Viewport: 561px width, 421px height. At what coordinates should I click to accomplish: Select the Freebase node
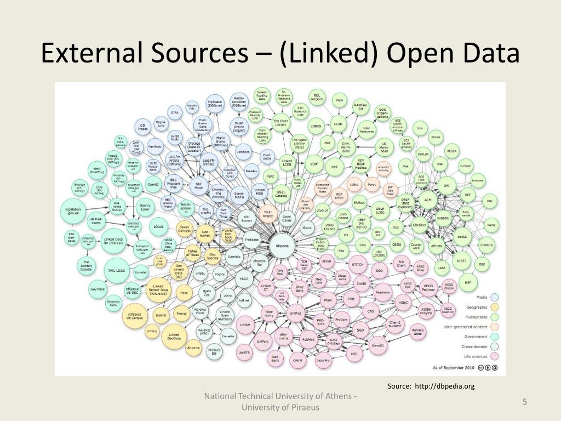click(251, 240)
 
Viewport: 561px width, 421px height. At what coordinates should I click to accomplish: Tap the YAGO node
click(243, 278)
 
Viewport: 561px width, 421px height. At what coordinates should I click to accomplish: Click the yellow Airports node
click(193, 348)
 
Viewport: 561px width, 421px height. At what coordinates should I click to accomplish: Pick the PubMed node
click(308, 339)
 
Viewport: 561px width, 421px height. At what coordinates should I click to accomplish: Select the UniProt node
click(295, 314)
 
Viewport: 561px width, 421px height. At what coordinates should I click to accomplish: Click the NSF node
click(467, 282)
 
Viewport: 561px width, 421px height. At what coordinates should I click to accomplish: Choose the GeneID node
click(378, 346)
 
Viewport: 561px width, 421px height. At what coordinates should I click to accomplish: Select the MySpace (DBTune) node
click(214, 104)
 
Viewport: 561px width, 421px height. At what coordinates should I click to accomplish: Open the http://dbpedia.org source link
click(444, 386)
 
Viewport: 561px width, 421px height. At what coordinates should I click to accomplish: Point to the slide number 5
click(524, 403)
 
